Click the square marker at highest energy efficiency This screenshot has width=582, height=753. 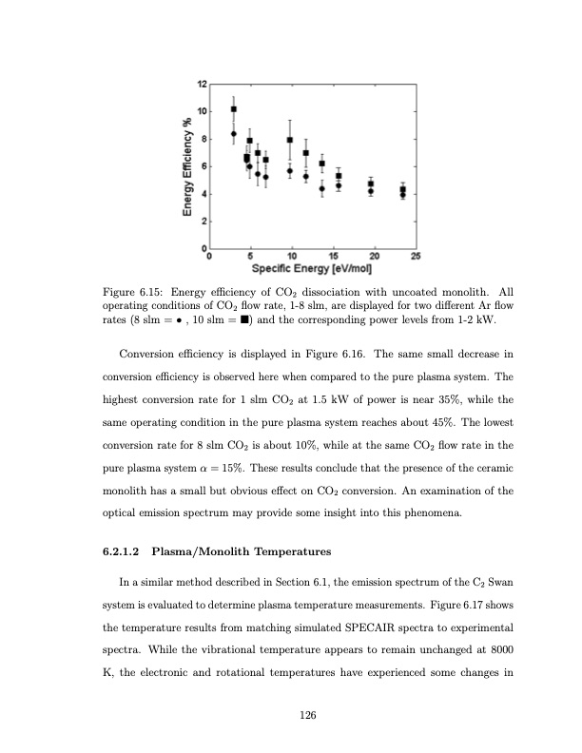(x=234, y=109)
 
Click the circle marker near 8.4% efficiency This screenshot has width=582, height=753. (x=234, y=134)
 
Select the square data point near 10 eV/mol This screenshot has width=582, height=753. (x=290, y=140)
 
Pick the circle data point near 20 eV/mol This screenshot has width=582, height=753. (x=371, y=191)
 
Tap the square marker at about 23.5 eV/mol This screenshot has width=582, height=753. (x=402, y=189)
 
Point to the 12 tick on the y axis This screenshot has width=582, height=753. (x=201, y=84)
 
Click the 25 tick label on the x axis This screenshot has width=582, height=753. (x=416, y=256)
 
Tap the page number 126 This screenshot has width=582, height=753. (x=306, y=716)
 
